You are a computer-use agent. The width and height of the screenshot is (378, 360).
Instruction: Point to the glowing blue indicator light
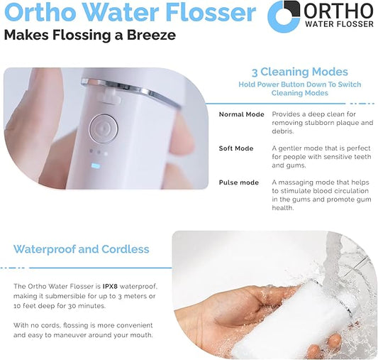(x=97, y=168)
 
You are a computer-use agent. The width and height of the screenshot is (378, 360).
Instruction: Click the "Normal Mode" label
(x=241, y=114)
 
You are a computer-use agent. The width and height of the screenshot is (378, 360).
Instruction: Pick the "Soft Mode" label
(x=236, y=148)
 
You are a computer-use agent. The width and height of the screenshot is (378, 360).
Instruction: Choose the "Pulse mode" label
(x=239, y=182)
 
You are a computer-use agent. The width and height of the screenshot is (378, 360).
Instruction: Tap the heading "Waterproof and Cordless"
(x=82, y=249)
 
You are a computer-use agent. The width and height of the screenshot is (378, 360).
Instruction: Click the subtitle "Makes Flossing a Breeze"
(x=89, y=35)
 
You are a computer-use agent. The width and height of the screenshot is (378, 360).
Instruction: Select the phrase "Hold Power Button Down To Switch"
(x=299, y=84)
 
